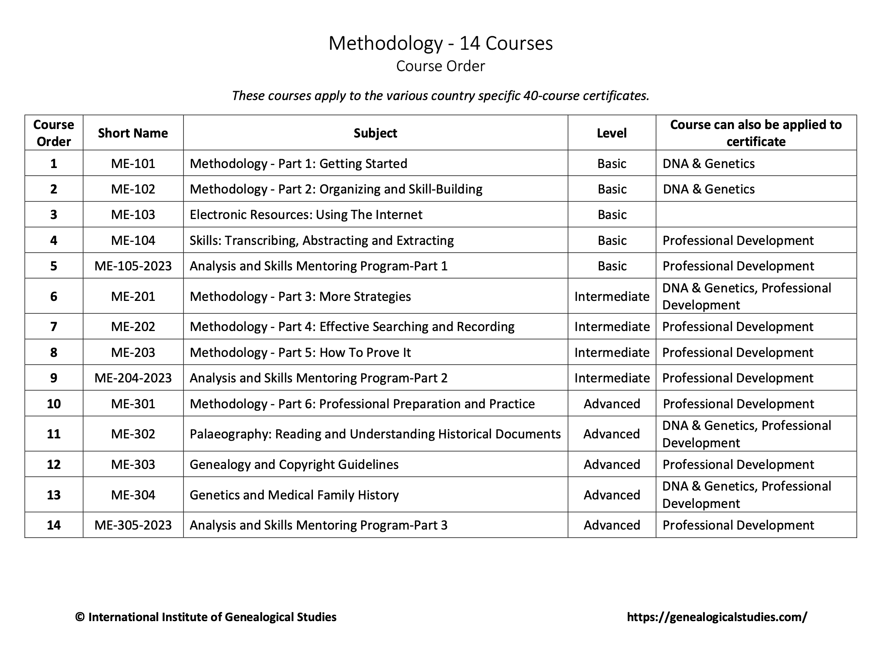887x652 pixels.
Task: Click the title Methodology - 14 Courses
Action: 440,43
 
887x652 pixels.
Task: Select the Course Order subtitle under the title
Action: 440,66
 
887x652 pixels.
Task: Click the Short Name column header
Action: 133,133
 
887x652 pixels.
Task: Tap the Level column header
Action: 612,133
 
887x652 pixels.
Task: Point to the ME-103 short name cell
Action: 133,215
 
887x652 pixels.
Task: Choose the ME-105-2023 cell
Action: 133,266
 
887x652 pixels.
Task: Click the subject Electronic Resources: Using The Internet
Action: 306,215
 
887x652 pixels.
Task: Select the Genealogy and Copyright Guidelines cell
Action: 294,465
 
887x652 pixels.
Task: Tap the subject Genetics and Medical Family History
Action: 294,495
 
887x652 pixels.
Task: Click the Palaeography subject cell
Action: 375,434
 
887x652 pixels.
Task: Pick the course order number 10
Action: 54,404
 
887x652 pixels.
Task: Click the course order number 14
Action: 54,525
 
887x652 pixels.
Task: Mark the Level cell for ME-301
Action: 612,404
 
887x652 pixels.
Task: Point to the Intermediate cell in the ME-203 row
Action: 612,352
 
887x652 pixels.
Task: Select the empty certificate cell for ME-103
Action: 756,215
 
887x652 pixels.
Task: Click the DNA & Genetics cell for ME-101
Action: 708,164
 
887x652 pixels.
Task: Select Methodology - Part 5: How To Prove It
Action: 300,352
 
